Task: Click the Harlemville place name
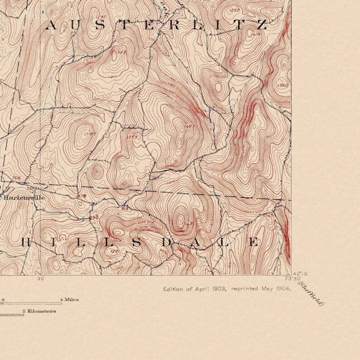pos(24,197)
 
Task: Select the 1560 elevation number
pos(282,85)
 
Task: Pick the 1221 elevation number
pos(115,251)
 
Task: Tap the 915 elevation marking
pos(125,208)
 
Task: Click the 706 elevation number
pos(16,178)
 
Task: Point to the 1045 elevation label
pos(268,215)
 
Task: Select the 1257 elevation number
pos(234,10)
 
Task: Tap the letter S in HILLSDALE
pos(135,242)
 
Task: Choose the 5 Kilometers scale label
pos(39,311)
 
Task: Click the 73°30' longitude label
pos(290,279)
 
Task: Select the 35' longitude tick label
pos(41,279)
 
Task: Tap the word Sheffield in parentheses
pos(310,294)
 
